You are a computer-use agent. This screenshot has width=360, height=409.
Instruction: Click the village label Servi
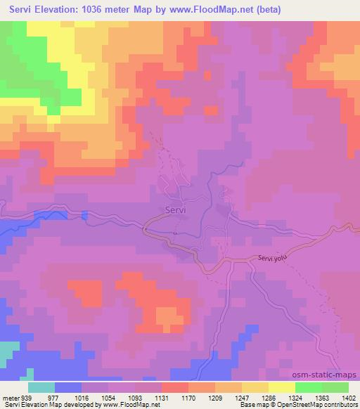[176, 210]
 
